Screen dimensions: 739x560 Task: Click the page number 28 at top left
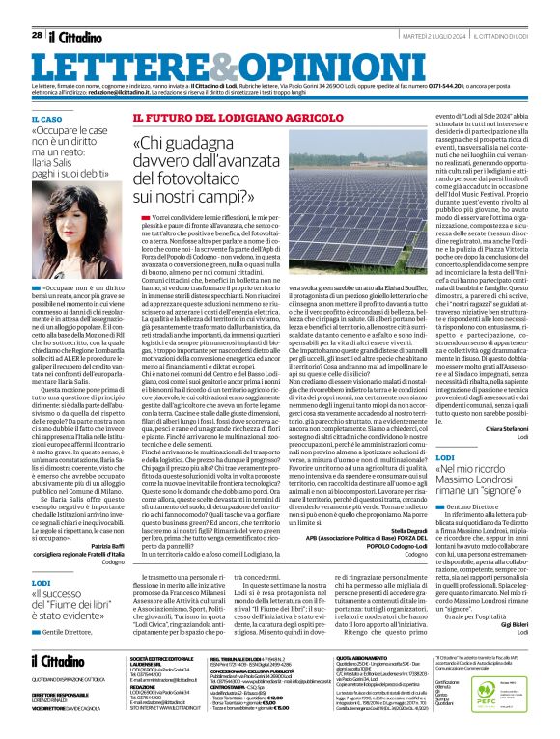(37, 35)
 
